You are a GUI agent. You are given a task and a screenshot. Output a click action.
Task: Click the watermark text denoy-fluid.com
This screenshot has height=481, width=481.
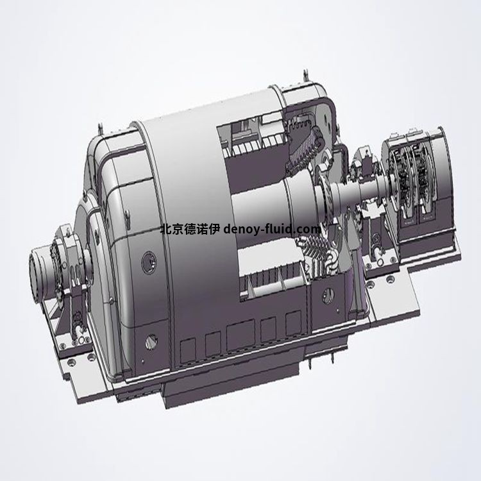[272, 229]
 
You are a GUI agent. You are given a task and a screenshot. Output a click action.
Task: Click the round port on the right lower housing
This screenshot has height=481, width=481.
[330, 296]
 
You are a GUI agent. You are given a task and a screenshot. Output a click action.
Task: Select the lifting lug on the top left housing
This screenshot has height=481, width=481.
[99, 126]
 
